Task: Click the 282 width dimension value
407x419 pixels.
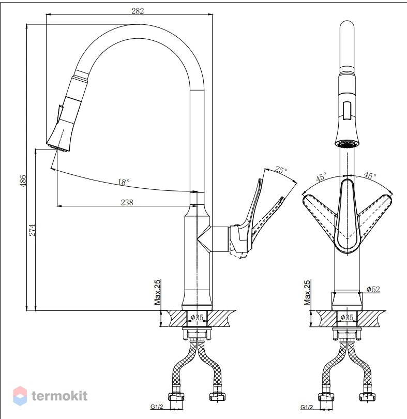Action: click(x=138, y=11)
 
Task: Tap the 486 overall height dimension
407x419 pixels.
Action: click(x=23, y=181)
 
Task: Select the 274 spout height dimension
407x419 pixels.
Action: click(x=32, y=230)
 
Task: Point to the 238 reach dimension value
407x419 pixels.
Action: click(x=127, y=202)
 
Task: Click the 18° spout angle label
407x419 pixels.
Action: click(x=124, y=182)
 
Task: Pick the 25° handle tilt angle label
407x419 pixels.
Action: click(x=281, y=170)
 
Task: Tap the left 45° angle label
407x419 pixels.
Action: click(x=321, y=176)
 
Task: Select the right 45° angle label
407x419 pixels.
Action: click(x=370, y=175)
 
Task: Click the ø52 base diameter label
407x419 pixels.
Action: click(x=373, y=289)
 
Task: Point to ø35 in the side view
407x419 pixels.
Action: click(x=197, y=317)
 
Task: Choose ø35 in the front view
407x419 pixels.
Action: click(x=347, y=317)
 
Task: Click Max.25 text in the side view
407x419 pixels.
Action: click(x=157, y=292)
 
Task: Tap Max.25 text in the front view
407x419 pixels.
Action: click(x=307, y=293)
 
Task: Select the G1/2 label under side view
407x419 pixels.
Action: click(x=157, y=407)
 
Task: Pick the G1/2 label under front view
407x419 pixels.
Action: click(x=307, y=407)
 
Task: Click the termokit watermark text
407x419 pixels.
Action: click(x=59, y=396)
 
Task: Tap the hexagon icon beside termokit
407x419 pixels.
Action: click(x=20, y=396)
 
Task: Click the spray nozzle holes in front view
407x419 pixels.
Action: click(x=347, y=144)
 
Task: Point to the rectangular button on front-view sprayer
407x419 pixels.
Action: click(x=347, y=110)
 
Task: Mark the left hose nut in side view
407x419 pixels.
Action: click(x=176, y=396)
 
